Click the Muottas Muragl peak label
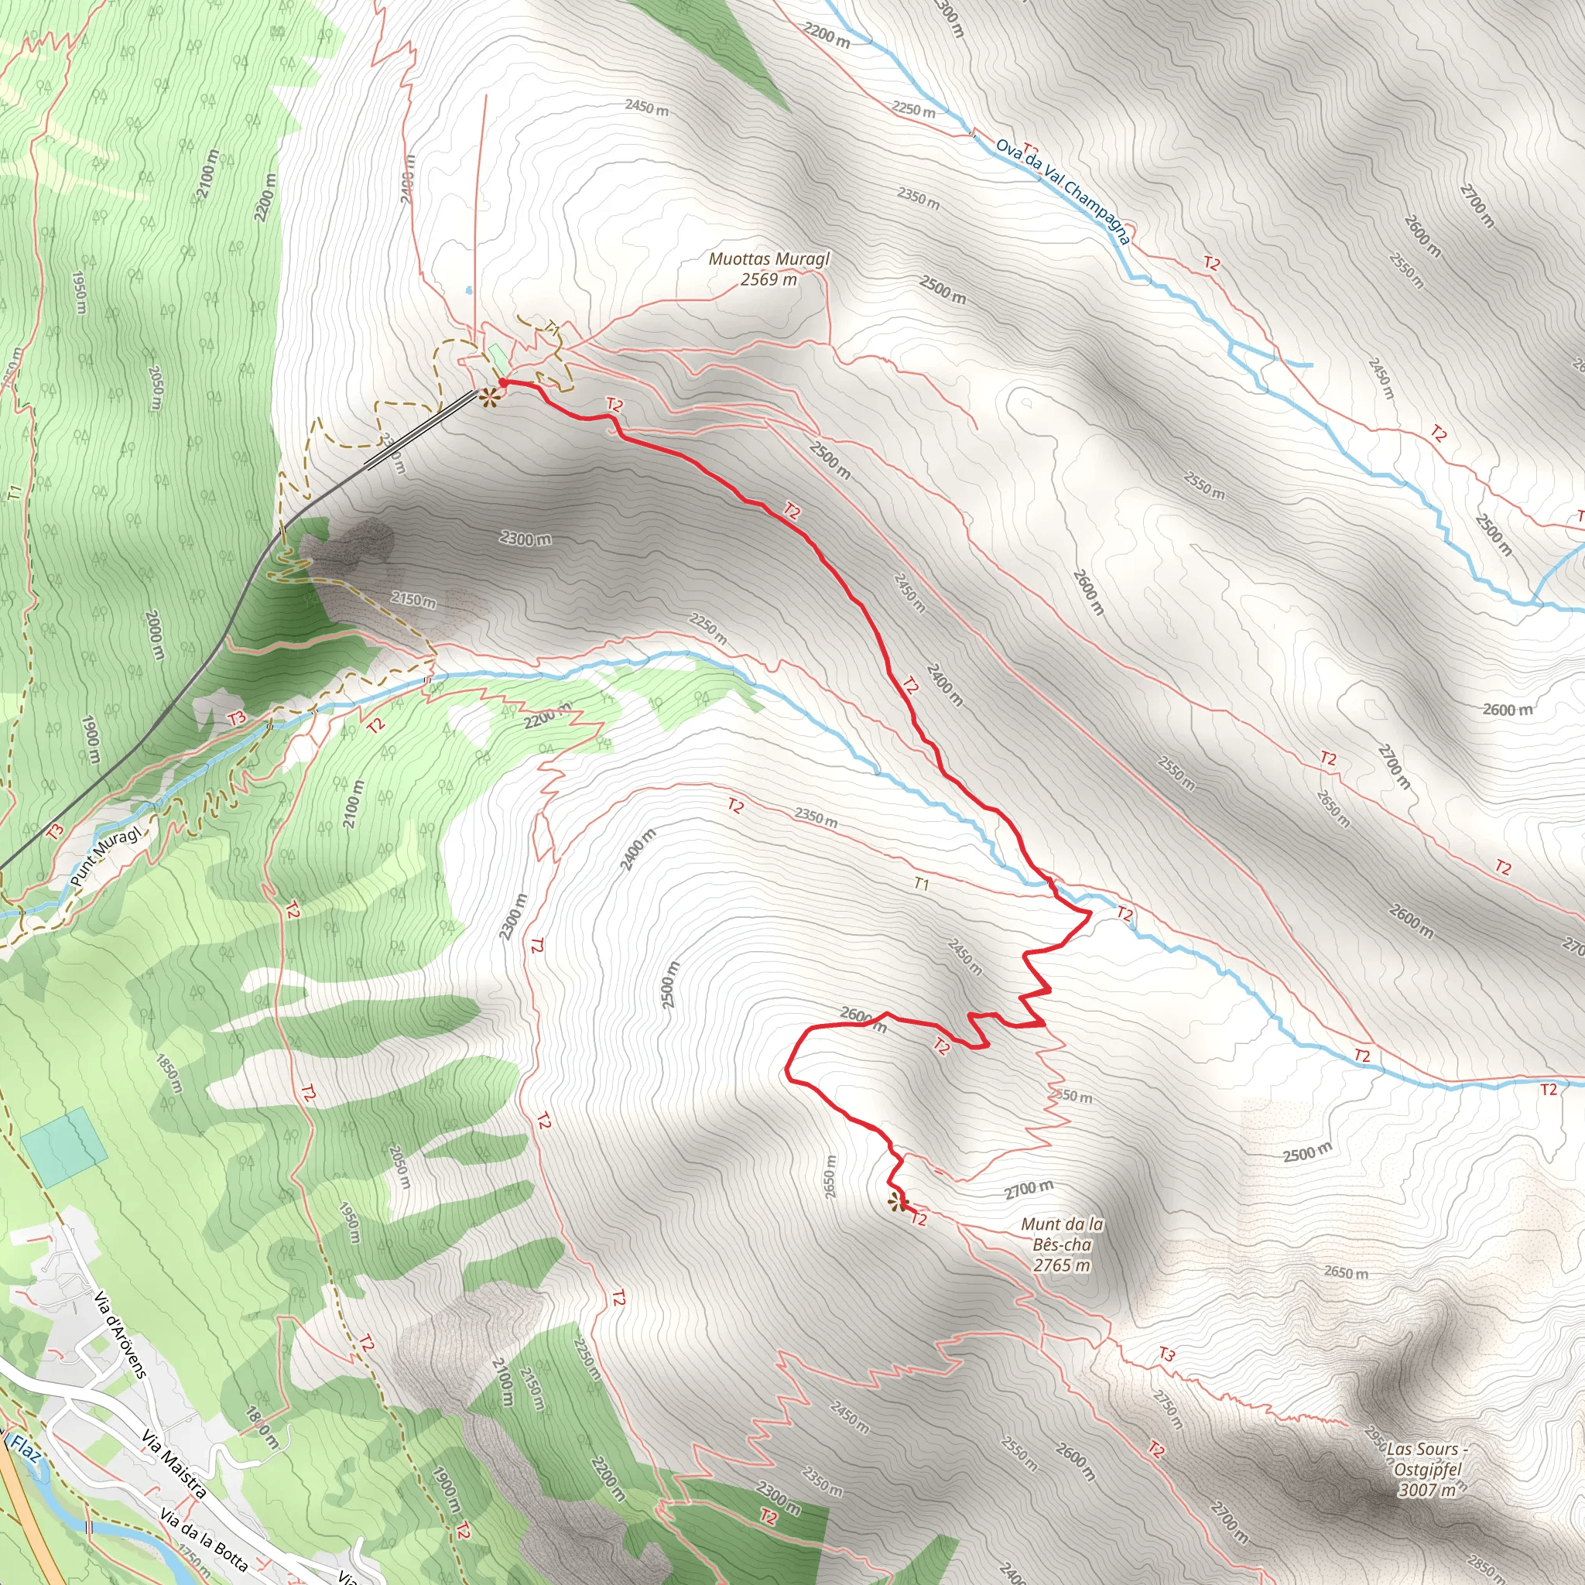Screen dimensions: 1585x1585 click(x=769, y=259)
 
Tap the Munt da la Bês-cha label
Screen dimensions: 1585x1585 click(x=1062, y=1234)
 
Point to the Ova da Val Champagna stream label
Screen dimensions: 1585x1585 click(x=1063, y=191)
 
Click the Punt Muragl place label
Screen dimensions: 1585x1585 click(x=105, y=857)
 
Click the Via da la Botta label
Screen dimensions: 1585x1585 click(x=203, y=1540)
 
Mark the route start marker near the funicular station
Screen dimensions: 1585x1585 click(x=490, y=398)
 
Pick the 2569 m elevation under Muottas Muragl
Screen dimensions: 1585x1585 click(x=769, y=279)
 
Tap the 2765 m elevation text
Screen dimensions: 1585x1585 click(x=1062, y=1265)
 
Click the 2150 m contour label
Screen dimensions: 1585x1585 click(x=413, y=600)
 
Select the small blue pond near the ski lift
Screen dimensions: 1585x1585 click(x=467, y=290)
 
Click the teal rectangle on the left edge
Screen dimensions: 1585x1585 click(x=64, y=1147)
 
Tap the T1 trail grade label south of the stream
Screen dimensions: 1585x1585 click(x=921, y=884)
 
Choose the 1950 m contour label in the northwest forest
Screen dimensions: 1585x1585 click(x=79, y=292)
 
